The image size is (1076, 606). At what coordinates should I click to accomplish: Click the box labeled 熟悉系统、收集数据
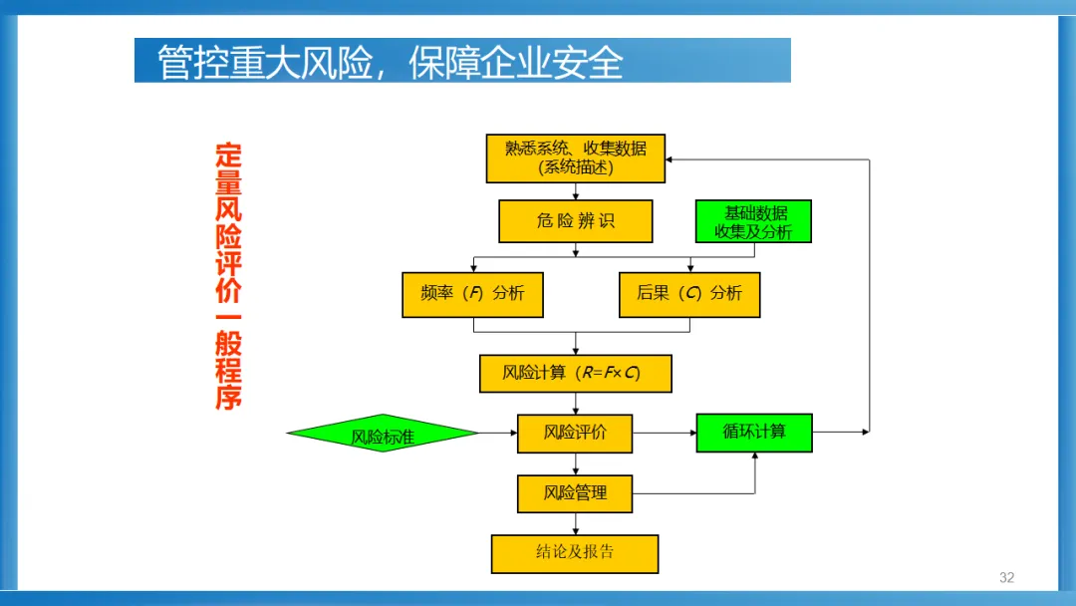pyautogui.click(x=575, y=158)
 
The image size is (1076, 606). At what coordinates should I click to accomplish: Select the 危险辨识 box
pyautogui.click(x=575, y=221)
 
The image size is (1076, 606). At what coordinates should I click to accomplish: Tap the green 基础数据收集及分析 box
pyautogui.click(x=753, y=221)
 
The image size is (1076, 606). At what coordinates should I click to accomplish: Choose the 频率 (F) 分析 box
pyautogui.click(x=472, y=294)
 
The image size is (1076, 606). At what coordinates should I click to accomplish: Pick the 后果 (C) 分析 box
pyautogui.click(x=688, y=294)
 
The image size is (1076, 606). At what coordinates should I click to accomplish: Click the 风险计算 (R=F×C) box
pyautogui.click(x=575, y=374)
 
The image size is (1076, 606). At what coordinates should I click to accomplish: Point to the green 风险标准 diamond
pyautogui.click(x=383, y=434)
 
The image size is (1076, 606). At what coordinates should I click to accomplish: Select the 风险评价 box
pyautogui.click(x=575, y=434)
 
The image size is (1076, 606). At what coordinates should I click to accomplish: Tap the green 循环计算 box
pyautogui.click(x=753, y=433)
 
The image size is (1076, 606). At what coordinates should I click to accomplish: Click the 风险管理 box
pyautogui.click(x=575, y=493)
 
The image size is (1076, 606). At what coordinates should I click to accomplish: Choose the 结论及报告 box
pyautogui.click(x=575, y=553)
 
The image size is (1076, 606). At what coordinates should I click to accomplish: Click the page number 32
pyautogui.click(x=1006, y=578)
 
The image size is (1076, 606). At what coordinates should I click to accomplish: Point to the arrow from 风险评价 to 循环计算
pyautogui.click(x=665, y=433)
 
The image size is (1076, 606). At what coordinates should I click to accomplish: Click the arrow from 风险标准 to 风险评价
pyautogui.click(x=498, y=433)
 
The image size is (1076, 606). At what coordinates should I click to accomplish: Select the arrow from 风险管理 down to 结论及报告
pyautogui.click(x=576, y=524)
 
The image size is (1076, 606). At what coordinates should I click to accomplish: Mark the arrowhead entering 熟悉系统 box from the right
pyautogui.click(x=672, y=158)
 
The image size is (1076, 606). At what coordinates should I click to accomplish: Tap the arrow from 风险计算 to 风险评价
pyautogui.click(x=576, y=404)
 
